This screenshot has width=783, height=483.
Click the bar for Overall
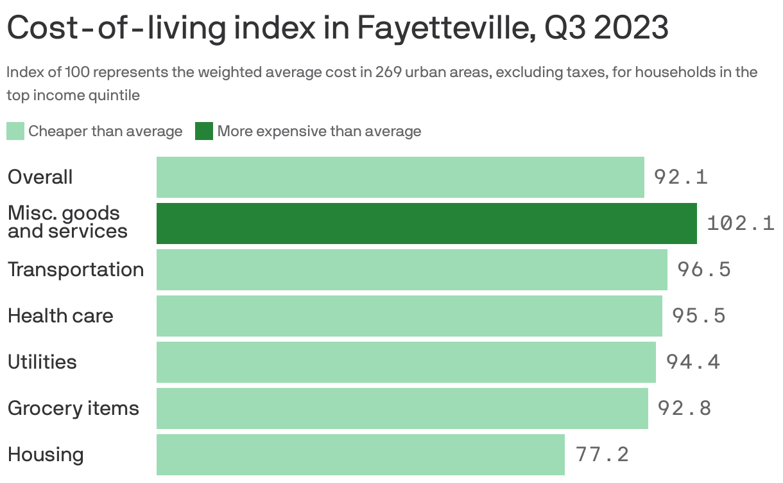pyautogui.click(x=400, y=177)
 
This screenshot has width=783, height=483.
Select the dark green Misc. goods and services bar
pyautogui.click(x=426, y=223)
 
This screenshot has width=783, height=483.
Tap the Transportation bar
pyautogui.click(x=411, y=269)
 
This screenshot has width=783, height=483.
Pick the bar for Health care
pyautogui.click(x=409, y=315)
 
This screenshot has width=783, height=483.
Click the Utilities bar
pyautogui.click(x=406, y=362)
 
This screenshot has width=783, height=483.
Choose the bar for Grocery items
pyautogui.click(x=402, y=408)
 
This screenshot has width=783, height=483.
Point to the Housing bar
pyautogui.click(x=360, y=454)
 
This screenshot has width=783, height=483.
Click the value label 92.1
pyautogui.click(x=680, y=177)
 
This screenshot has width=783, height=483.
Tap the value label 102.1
pyautogui.click(x=740, y=223)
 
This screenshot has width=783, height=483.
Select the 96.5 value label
pyautogui.click(x=704, y=269)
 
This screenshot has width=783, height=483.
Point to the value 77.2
pyautogui.click(x=602, y=454)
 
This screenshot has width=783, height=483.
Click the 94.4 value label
pyautogui.click(x=693, y=362)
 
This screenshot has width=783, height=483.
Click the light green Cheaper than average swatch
pyautogui.click(x=15, y=132)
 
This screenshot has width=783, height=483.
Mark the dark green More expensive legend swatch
pyautogui.click(x=204, y=132)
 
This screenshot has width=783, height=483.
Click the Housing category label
pyautogui.click(x=46, y=454)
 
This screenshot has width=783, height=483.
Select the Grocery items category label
pyautogui.click(x=73, y=408)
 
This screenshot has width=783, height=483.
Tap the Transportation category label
pyautogui.click(x=76, y=269)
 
